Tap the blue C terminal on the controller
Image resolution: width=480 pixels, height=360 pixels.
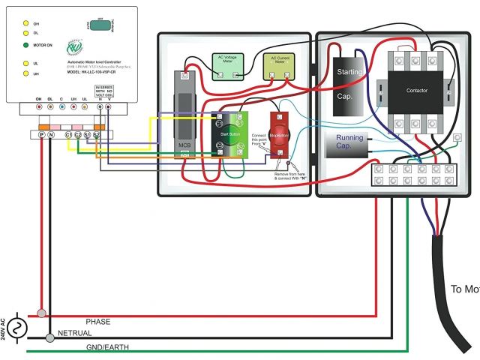[61, 107]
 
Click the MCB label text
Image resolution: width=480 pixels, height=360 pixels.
[184, 143]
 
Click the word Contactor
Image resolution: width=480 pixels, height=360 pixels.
[416, 90]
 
